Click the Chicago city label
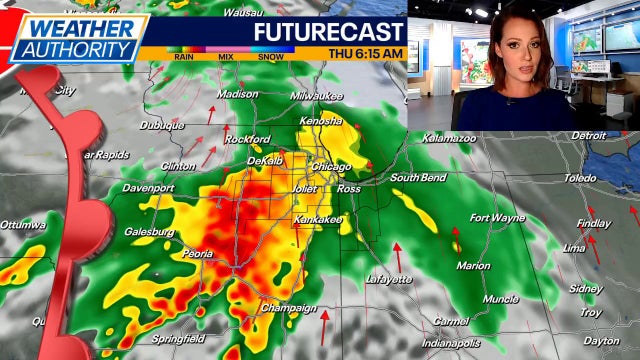(331, 167)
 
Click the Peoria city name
(197, 255)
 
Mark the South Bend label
(417, 178)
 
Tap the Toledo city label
(580, 178)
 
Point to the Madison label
(237, 94)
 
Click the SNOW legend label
(272, 57)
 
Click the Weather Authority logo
(76, 37)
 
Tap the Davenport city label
(149, 188)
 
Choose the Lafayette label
(388, 280)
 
